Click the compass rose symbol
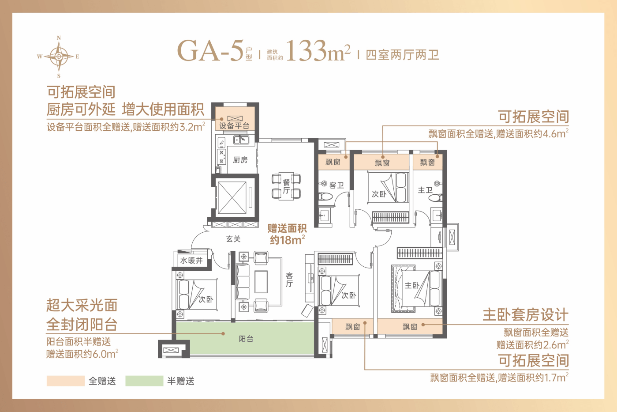[x=58, y=57]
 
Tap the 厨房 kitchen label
[x=240, y=160]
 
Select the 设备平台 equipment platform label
[x=234, y=126]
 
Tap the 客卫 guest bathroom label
[x=337, y=185]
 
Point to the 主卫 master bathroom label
[x=425, y=190]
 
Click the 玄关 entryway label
[x=233, y=239]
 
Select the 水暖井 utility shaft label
[x=191, y=261]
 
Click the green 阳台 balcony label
[x=246, y=339]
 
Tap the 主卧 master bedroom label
[x=412, y=285]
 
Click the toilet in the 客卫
[x=325, y=197]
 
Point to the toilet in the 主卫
[x=436, y=198]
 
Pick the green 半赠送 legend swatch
[x=144, y=381]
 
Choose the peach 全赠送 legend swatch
[x=66, y=381]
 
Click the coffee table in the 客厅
[x=261, y=282]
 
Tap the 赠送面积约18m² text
[x=287, y=234]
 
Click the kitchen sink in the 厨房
[x=241, y=140]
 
